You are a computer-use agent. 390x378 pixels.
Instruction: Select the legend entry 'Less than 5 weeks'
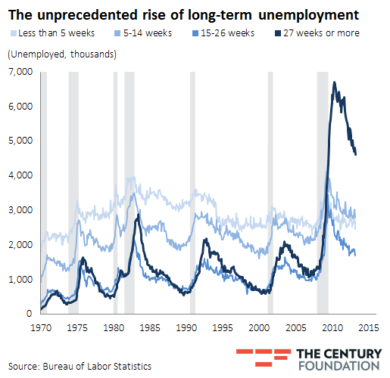click(x=48, y=33)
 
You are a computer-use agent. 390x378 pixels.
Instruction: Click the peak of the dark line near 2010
click(x=334, y=82)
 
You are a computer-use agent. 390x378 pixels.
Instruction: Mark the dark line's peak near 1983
click(x=137, y=216)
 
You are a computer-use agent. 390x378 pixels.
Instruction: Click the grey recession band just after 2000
click(x=270, y=189)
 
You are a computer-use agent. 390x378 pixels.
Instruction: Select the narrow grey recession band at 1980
click(x=115, y=189)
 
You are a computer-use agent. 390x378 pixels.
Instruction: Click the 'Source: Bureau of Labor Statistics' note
click(x=80, y=366)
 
